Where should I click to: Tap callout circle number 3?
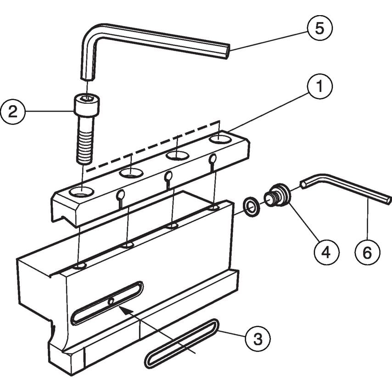(258, 339)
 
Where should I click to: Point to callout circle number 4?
(326, 252)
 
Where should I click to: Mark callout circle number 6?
(368, 252)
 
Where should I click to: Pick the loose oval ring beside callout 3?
(181, 344)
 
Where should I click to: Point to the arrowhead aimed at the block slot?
(123, 310)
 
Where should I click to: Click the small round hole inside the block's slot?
(111, 302)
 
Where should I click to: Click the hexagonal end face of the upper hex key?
(226, 50)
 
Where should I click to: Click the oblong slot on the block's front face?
(106, 303)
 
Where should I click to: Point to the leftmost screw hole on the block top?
(81, 266)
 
